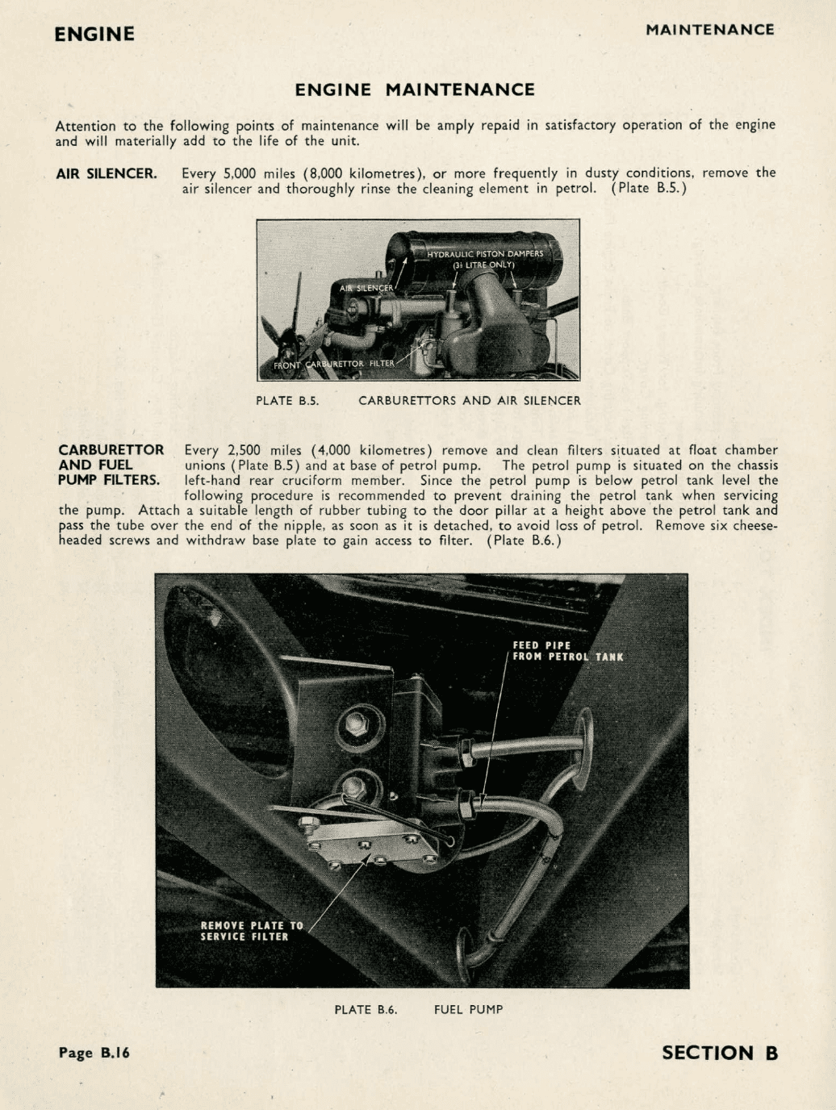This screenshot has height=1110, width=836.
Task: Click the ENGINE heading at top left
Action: [94, 34]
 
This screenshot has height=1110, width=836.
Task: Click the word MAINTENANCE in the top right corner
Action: [709, 30]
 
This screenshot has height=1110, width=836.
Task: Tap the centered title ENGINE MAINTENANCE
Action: [415, 90]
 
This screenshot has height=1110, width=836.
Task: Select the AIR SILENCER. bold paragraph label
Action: [106, 173]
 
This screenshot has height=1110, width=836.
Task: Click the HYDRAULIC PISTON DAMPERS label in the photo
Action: [485, 253]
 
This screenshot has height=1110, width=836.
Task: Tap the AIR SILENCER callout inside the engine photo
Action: [366, 288]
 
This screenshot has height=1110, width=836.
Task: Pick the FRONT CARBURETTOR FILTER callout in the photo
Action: [334, 364]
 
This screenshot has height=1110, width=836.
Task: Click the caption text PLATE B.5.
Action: [287, 400]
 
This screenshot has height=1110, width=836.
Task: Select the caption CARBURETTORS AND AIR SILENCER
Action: [469, 400]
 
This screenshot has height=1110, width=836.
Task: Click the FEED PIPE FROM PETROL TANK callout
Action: [567, 651]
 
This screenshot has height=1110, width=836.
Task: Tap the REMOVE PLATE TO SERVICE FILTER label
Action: [251, 931]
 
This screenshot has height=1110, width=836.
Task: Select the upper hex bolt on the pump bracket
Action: [356, 724]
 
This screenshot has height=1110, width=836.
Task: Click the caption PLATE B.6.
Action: [366, 1009]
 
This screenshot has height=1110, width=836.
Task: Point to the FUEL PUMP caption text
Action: [468, 1009]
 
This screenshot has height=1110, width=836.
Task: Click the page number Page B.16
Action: [94, 1053]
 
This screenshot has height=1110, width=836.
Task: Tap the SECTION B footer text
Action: [719, 1053]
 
